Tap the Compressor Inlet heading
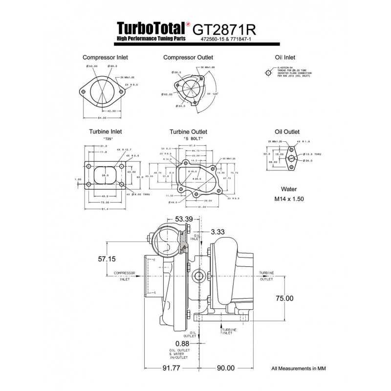(x=105, y=58)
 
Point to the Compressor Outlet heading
(x=188, y=58)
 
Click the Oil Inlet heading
(x=285, y=58)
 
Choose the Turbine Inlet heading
(x=105, y=131)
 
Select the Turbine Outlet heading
(x=188, y=132)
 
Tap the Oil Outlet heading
(x=287, y=131)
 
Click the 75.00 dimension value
(x=284, y=298)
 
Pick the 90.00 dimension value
(x=225, y=368)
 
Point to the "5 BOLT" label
(x=193, y=139)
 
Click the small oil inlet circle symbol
(x=268, y=72)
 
